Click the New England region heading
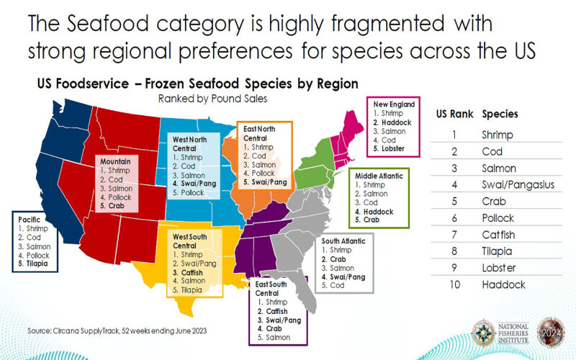pyautogui.click(x=394, y=104)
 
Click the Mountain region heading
pyautogui.click(x=115, y=161)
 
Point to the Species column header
pyautogui.click(x=500, y=114)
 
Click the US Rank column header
pyautogui.click(x=453, y=114)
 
